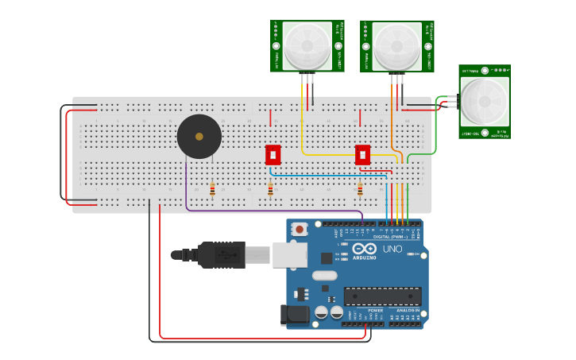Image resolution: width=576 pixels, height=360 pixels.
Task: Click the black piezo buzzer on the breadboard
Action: (199, 137)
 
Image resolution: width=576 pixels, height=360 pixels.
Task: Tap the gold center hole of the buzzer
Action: (199, 137)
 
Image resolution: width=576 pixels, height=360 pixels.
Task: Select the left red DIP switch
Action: (273, 154)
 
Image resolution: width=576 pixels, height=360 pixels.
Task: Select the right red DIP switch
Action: (363, 154)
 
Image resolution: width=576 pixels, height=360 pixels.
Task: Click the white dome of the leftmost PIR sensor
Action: (307, 45)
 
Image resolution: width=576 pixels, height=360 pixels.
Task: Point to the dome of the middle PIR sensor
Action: (396, 45)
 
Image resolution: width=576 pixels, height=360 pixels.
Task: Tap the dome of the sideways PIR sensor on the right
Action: (484, 101)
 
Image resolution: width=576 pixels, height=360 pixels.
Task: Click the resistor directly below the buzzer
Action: (212, 189)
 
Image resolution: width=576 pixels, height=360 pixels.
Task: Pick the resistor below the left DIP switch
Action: (270, 190)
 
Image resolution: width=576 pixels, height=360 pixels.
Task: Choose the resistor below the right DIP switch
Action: (360, 190)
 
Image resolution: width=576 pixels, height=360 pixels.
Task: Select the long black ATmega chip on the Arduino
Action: (382, 296)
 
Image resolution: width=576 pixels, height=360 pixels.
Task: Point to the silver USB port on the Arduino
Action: (289, 254)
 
